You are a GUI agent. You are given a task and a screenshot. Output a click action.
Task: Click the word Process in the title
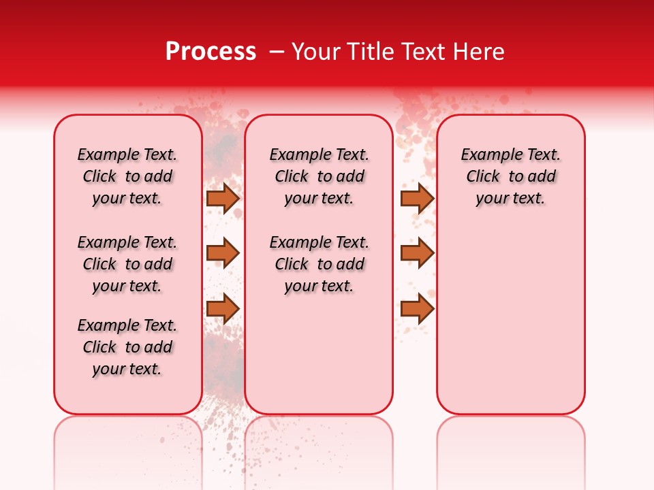(x=211, y=52)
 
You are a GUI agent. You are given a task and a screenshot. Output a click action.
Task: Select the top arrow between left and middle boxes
(x=223, y=198)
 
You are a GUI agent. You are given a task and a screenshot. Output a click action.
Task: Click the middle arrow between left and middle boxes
(x=223, y=252)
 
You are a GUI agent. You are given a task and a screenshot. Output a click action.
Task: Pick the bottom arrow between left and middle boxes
(x=223, y=308)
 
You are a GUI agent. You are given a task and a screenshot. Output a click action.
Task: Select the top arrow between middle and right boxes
(x=417, y=198)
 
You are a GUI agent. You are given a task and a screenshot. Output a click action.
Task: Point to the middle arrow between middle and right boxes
(x=417, y=252)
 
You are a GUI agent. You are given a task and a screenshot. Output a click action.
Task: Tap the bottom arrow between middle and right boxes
(x=417, y=308)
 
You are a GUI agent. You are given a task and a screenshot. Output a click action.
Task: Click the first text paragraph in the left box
(x=127, y=176)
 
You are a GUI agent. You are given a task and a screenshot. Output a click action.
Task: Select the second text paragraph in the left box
(x=127, y=264)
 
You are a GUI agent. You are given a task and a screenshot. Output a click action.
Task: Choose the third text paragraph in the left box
(x=127, y=347)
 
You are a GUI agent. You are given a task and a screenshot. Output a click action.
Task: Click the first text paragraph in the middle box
(x=320, y=176)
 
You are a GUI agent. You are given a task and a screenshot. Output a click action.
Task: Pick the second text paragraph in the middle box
(x=320, y=264)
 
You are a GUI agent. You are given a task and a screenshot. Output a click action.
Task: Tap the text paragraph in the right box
(x=511, y=176)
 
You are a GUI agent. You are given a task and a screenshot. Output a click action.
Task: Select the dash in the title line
(x=277, y=52)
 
